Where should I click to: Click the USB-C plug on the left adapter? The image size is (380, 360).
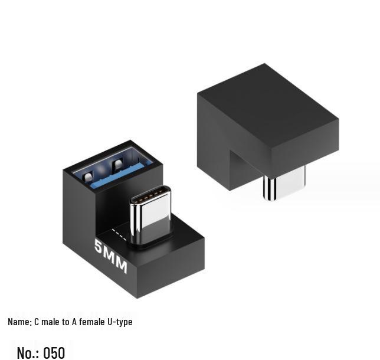pos(150,215)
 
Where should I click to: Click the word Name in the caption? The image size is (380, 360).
pos(19,322)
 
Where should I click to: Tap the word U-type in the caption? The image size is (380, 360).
pos(120,322)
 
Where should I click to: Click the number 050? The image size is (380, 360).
pos(54,352)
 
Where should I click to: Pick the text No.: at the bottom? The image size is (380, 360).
pos(28,352)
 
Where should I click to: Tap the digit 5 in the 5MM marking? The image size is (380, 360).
pos(99,246)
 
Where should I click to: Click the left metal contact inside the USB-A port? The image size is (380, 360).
pos(89,175)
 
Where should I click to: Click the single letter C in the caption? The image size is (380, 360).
pos(37,322)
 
